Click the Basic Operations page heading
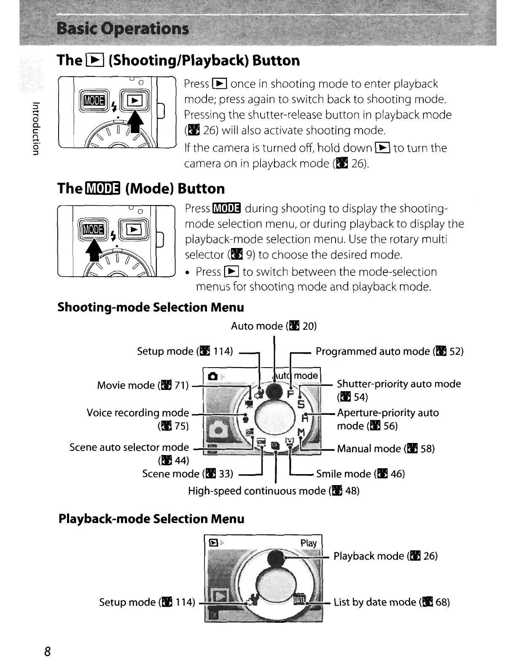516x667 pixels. pyautogui.click(x=123, y=29)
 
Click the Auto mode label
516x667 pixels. pyautogui.click(x=274, y=326)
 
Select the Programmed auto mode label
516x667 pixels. pyautogui.click(x=389, y=351)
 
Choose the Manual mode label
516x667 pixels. pyautogui.click(x=385, y=448)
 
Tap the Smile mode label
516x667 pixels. pyautogui.click(x=360, y=474)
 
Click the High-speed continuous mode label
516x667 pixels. pyautogui.click(x=274, y=491)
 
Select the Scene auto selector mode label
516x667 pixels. pyautogui.click(x=129, y=447)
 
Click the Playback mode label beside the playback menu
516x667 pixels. pyautogui.click(x=385, y=556)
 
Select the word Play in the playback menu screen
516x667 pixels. pyautogui.click(x=308, y=543)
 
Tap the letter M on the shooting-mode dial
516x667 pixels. pyautogui.click(x=301, y=433)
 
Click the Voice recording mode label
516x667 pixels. pyautogui.click(x=138, y=413)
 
